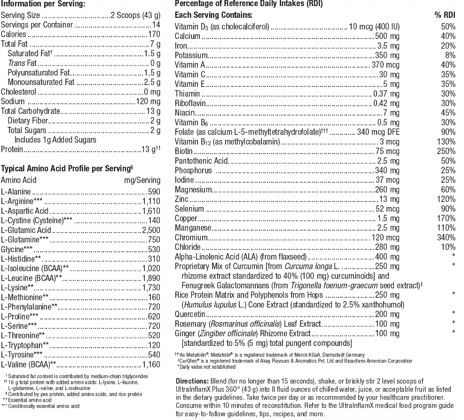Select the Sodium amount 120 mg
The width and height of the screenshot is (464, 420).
click(148, 101)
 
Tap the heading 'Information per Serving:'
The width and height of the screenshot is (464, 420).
click(43, 4)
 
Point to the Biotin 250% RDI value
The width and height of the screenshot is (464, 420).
click(447, 151)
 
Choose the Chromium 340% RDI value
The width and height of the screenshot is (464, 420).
click(447, 237)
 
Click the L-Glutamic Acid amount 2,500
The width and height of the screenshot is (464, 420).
click(151, 230)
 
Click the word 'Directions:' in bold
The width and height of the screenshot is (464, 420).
click(194, 381)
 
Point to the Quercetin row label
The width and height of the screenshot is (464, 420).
click(190, 314)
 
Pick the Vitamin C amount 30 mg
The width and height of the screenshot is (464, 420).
click(389, 75)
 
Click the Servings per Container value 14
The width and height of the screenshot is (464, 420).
click(156, 25)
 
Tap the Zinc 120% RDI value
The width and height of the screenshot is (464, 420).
click(447, 199)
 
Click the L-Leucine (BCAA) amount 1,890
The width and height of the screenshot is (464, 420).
click(151, 278)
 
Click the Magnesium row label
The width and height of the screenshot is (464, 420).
click(194, 190)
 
